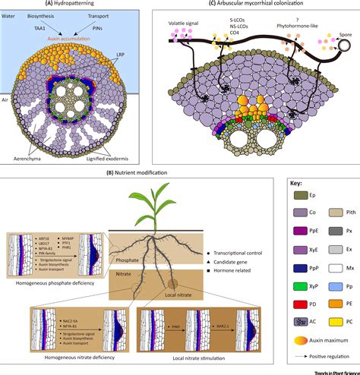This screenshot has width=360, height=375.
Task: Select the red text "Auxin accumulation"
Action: pyautogui.click(x=74, y=35)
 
